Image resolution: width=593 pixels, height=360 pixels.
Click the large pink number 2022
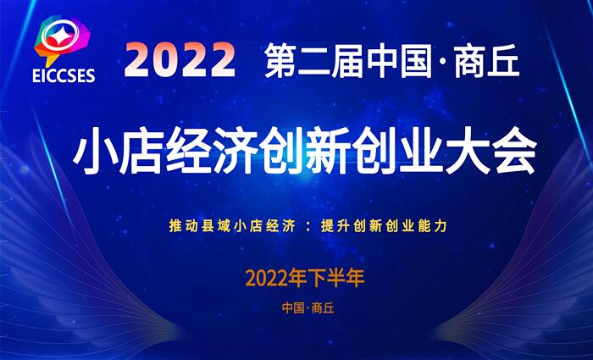coord(180,60)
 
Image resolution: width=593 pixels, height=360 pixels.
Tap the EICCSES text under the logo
coord(64,75)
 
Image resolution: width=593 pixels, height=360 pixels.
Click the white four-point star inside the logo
coord(59,36)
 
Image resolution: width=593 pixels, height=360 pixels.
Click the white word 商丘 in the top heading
coord(487,60)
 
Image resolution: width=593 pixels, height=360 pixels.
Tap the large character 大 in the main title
coord(468,155)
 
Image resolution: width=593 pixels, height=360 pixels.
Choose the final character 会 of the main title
coord(514,155)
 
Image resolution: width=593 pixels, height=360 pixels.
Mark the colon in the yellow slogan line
coord(308,227)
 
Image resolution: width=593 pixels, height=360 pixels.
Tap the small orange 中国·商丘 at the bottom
coord(308,308)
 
